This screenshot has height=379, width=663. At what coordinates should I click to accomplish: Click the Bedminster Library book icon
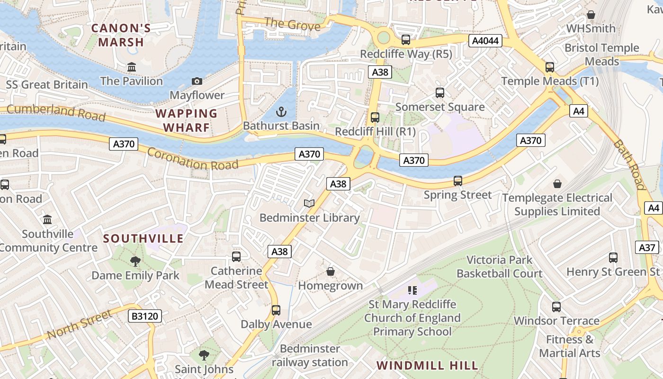[309, 204]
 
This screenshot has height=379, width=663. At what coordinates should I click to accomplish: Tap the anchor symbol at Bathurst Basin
[281, 112]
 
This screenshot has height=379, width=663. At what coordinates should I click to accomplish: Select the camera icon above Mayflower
[197, 81]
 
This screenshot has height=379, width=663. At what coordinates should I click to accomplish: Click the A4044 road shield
[486, 41]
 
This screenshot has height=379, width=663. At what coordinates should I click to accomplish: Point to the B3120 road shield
[145, 316]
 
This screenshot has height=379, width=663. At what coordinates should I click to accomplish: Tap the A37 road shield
[647, 247]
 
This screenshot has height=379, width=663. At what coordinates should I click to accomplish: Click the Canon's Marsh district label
[121, 35]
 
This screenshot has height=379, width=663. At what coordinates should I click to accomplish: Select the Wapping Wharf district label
[186, 120]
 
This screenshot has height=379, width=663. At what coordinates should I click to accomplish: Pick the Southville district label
[143, 238]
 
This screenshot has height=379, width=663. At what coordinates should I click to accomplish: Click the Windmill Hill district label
[427, 365]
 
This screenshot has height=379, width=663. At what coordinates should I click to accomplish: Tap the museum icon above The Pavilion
[132, 68]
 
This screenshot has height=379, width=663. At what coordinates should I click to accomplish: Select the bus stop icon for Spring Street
[457, 181]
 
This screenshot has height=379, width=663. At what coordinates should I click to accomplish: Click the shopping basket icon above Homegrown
[331, 272]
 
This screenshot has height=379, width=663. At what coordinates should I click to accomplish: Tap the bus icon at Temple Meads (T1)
[549, 67]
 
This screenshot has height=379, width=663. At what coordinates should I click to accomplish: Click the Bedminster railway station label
[310, 355]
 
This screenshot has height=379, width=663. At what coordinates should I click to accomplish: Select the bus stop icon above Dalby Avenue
[276, 310]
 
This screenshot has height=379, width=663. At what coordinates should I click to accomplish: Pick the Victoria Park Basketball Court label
[499, 267]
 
